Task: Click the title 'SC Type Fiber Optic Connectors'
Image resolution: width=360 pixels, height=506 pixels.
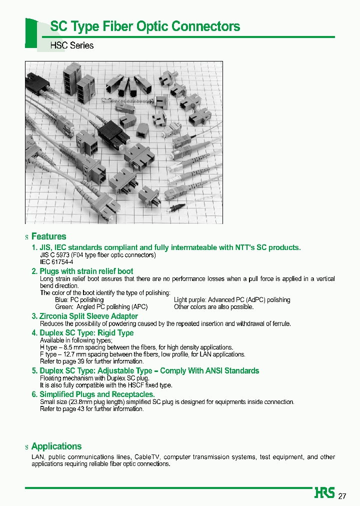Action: pos(145,26)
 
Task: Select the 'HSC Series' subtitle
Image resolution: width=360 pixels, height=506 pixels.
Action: pos(72,45)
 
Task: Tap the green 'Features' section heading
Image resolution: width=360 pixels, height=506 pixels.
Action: pos(48,236)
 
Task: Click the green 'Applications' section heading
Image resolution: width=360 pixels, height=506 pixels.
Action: pos(56,446)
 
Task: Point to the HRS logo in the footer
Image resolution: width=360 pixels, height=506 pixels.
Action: pos(324,493)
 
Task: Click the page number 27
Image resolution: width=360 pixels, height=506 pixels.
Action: pos(342,496)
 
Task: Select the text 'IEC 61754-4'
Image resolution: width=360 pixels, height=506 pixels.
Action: pos(56,262)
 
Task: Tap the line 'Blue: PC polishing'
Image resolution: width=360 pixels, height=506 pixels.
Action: pos(79,300)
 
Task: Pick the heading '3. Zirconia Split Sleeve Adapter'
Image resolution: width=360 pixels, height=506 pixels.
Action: pos(84,316)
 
